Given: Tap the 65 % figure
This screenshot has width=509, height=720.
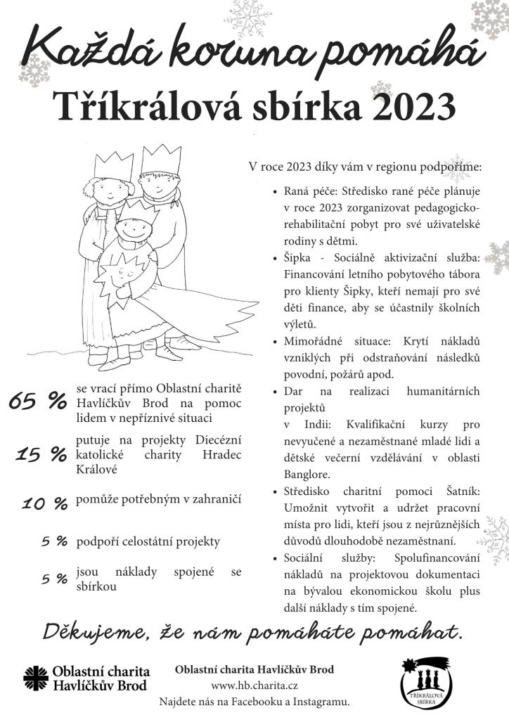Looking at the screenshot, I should pos(37,401).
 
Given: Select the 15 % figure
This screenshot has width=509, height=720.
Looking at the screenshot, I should pos(41,455).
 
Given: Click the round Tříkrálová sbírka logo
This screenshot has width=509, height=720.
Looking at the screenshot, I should pos(427,683).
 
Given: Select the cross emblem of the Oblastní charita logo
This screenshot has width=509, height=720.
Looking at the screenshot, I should pos(34,679).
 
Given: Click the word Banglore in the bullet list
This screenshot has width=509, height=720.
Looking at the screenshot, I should pos(306,475).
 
